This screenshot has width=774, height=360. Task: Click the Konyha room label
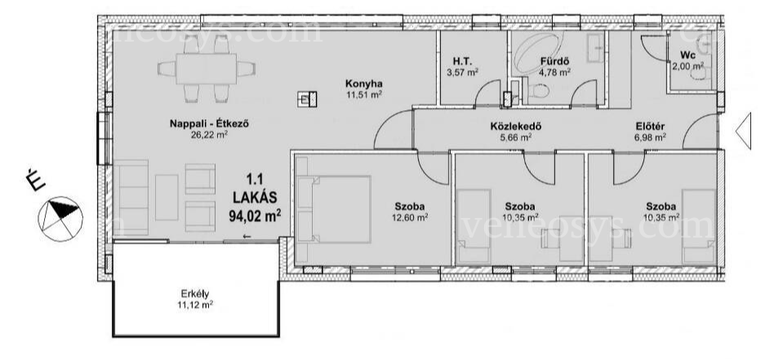[364, 83]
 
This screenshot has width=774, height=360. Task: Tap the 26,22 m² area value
[209, 134]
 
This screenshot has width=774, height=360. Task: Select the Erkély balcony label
[196, 295]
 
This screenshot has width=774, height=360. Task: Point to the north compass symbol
[60, 219]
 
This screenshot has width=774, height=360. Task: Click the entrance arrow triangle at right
[744, 131]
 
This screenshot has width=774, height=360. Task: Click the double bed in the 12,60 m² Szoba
[334, 209]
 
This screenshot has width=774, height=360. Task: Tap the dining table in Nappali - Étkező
[207, 69]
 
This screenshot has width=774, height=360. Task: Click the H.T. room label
[463, 62]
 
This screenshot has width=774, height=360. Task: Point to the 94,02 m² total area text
[255, 216]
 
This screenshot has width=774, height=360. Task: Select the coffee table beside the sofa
[167, 198]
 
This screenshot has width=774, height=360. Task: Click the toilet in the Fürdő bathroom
[536, 91]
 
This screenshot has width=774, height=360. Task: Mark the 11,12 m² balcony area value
[195, 305]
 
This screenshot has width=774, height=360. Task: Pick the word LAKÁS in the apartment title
[255, 198]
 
